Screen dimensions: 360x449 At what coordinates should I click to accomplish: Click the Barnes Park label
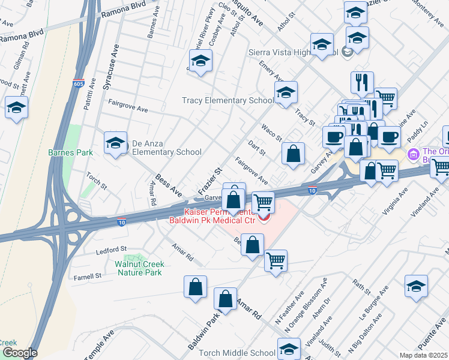coord(70,153)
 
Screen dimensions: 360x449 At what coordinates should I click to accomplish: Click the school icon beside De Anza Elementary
coord(115,144)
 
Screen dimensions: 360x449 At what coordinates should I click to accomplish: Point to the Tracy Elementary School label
coord(228,100)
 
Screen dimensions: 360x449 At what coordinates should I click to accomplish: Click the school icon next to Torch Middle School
coord(289,349)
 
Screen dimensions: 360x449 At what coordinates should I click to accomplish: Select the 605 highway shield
coord(78,82)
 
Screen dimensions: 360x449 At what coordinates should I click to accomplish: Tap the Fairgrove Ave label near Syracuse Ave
coord(127,106)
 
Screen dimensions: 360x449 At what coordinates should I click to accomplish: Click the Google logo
coord(19,353)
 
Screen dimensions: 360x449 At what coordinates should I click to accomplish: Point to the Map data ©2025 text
coord(423,355)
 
